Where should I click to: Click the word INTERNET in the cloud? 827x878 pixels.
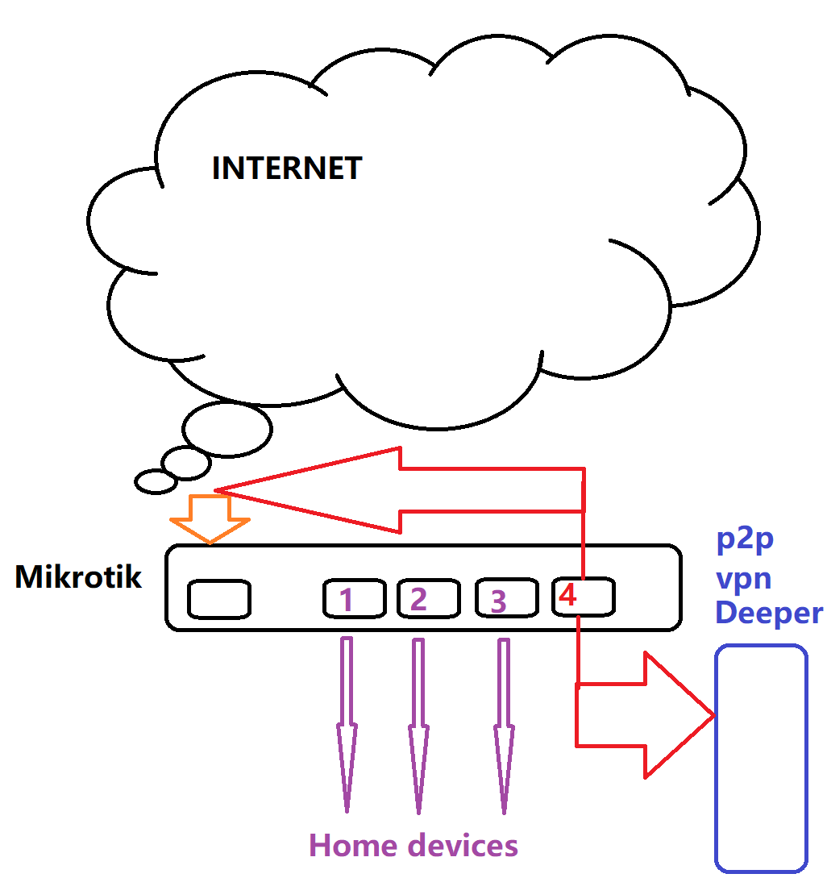pyautogui.click(x=287, y=169)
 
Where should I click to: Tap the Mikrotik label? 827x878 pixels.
pyautogui.click(x=78, y=577)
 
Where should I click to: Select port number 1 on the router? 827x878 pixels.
pyautogui.click(x=347, y=600)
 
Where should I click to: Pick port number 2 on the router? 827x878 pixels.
pyautogui.click(x=418, y=599)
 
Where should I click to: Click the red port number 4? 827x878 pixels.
pyautogui.click(x=568, y=597)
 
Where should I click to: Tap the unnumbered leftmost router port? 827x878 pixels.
pyautogui.click(x=218, y=600)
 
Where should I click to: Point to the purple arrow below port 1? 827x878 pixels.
pyautogui.click(x=347, y=726)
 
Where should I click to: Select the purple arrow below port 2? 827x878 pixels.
pyautogui.click(x=418, y=726)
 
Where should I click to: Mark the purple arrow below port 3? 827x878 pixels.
pyautogui.click(x=504, y=726)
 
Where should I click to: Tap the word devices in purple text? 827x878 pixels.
pyautogui.click(x=462, y=846)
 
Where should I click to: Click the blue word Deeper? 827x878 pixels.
pyautogui.click(x=769, y=614)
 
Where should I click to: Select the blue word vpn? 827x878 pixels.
pyautogui.click(x=744, y=577)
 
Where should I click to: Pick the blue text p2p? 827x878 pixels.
pyautogui.click(x=746, y=539)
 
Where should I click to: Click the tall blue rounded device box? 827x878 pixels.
pyautogui.click(x=761, y=758)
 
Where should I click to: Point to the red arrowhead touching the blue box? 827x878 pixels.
pyautogui.click(x=677, y=715)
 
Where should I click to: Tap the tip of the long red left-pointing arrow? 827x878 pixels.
pyautogui.click(x=219, y=489)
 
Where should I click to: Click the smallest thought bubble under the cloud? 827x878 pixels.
pyautogui.click(x=156, y=481)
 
